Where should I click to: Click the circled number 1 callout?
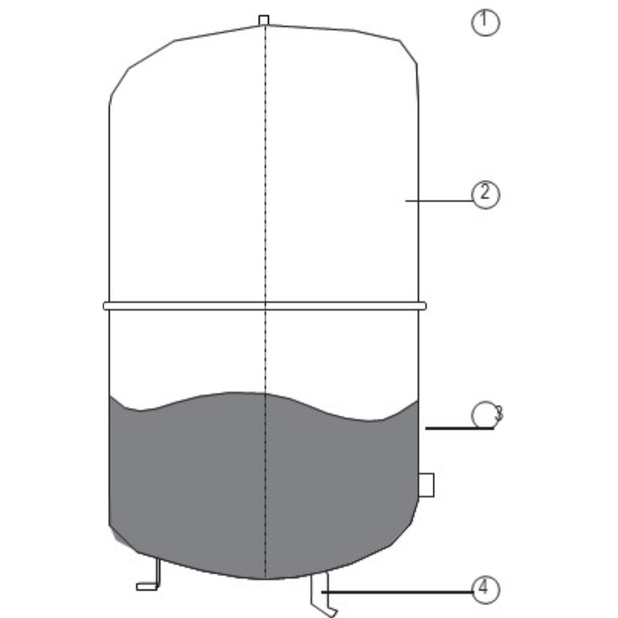point(485,22)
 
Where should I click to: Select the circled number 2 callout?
point(485,195)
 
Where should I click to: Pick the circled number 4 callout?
point(485,589)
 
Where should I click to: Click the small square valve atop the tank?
point(263,20)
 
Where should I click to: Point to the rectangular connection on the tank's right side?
point(426,485)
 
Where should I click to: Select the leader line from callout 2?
point(439,201)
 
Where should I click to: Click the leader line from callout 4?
point(397,592)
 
